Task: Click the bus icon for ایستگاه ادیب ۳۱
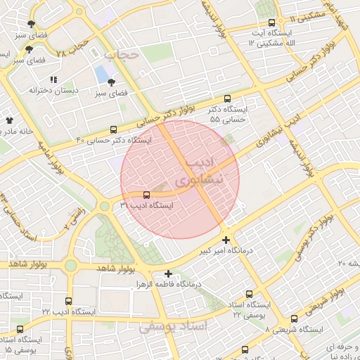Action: pos(146,195)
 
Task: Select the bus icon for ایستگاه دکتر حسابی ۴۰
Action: pos(114,129)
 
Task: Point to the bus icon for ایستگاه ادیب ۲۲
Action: pos(68,301)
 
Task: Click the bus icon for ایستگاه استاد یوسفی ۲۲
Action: pos(249,295)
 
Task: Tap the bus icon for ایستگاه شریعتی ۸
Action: pos(294,319)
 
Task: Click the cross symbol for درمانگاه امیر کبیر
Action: pos(226,240)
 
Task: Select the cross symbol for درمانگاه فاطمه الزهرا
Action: pos(167,274)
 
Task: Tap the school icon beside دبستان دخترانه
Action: pos(54,79)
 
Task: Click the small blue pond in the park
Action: pos(103,73)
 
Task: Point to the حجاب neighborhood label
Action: pos(119,53)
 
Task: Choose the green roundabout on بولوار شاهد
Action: pos(70,265)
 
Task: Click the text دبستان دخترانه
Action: pos(47,90)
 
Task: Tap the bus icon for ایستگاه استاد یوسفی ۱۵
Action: pos(20,328)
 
